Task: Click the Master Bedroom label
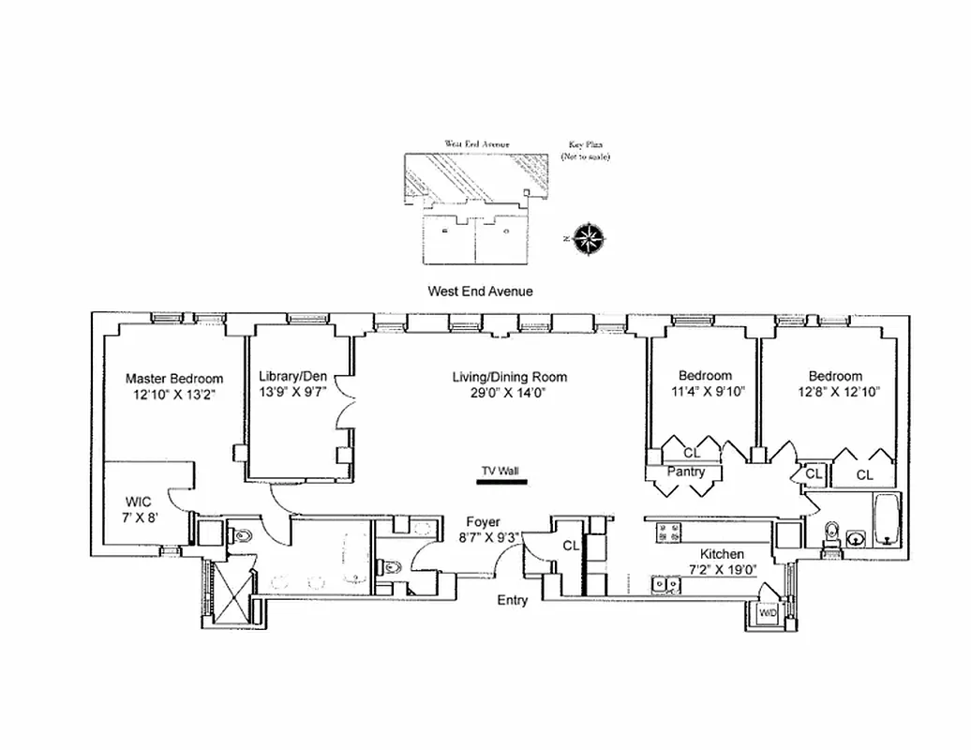click(174, 379)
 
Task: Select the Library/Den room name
click(293, 377)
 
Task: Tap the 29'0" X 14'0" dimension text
click(509, 394)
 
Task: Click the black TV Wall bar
click(501, 484)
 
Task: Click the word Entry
click(512, 600)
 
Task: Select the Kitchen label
click(721, 554)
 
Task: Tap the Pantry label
click(685, 472)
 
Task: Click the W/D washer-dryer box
click(768, 613)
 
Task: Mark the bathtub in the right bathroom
click(886, 519)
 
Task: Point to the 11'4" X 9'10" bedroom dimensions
click(707, 393)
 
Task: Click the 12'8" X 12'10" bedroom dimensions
click(839, 393)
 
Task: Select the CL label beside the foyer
click(571, 546)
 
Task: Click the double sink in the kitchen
click(666, 586)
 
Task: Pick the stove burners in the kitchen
click(668, 533)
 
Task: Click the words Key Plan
click(586, 145)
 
